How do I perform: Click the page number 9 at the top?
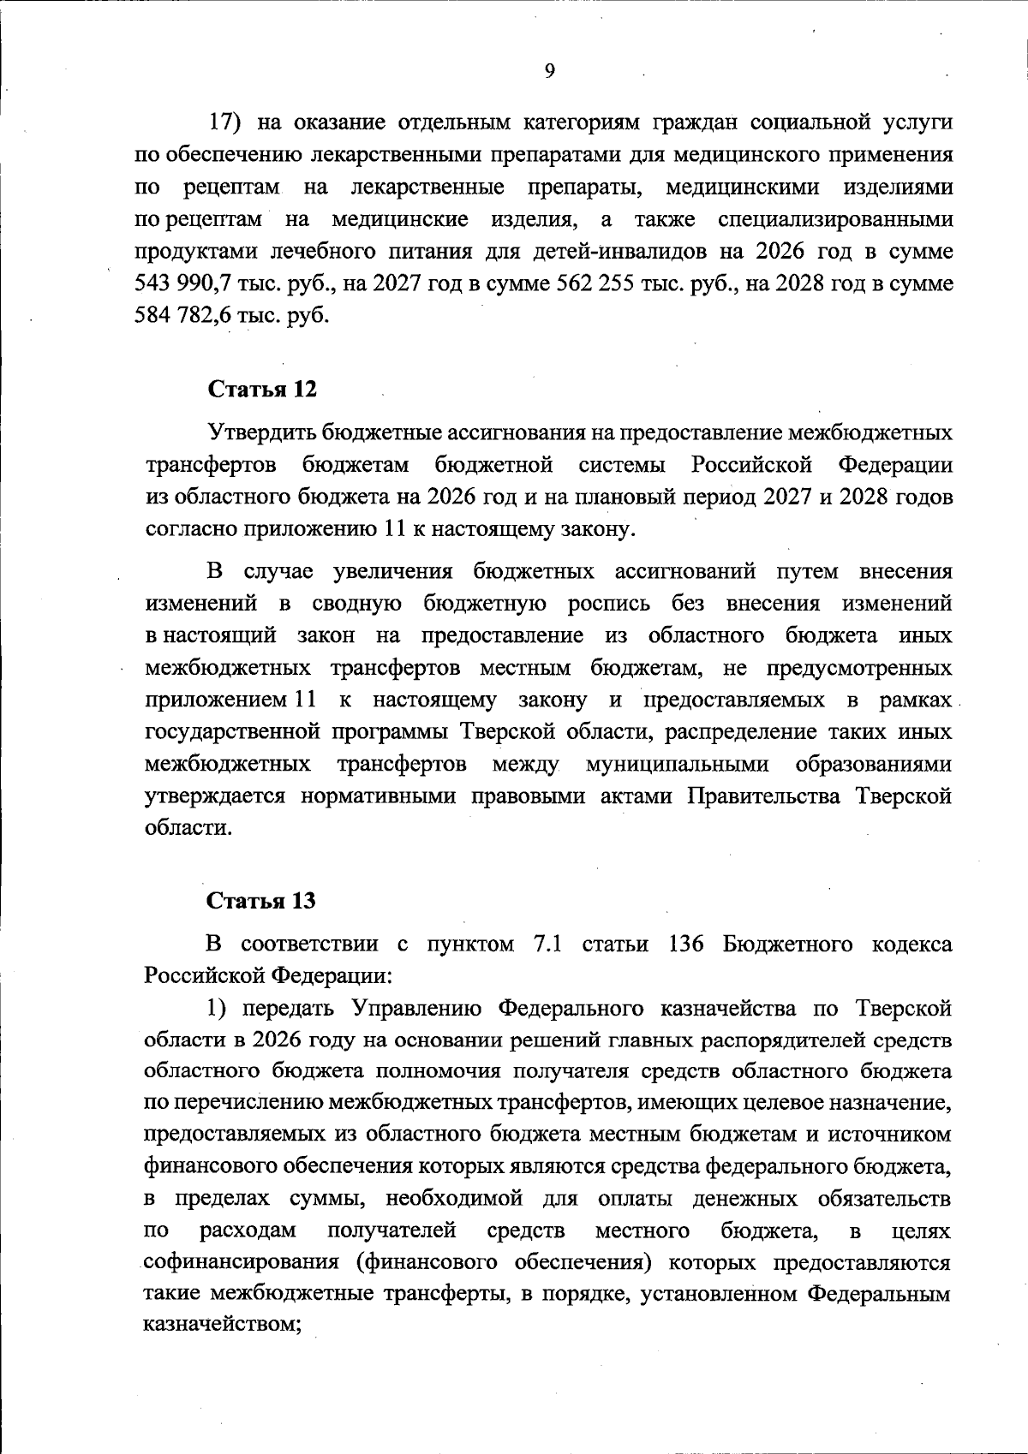[x=549, y=71]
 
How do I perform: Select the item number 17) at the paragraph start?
[x=229, y=122]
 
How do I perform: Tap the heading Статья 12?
[x=261, y=389]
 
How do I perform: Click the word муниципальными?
[x=677, y=763]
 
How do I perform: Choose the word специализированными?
[x=834, y=219]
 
